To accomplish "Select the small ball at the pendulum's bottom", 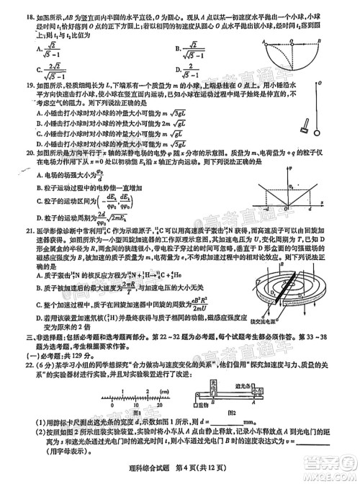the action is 318,133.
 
